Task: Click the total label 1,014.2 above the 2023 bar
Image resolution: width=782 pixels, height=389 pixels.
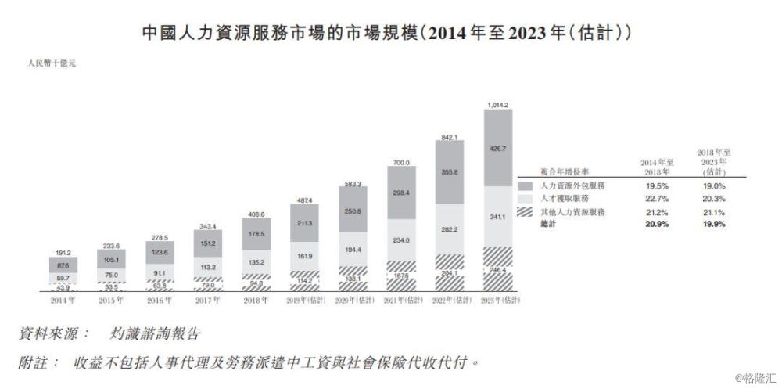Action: tap(497, 104)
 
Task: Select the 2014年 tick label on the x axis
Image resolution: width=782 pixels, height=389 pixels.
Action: tap(63, 300)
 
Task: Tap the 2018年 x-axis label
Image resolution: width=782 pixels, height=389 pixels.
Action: tap(256, 300)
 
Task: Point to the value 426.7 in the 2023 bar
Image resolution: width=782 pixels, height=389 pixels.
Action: tap(497, 148)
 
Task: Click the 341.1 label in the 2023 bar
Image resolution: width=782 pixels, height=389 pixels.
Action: tap(497, 216)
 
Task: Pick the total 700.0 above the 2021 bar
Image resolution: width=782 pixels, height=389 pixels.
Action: tap(401, 161)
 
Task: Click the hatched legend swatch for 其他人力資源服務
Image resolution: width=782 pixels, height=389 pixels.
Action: tap(526, 212)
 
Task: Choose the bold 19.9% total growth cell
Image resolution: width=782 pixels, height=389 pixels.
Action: tap(713, 224)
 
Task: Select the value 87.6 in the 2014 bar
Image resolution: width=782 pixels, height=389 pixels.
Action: tap(63, 266)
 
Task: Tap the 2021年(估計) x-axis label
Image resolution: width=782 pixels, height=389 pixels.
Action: tap(401, 300)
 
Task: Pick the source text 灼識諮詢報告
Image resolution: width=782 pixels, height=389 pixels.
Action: tap(156, 334)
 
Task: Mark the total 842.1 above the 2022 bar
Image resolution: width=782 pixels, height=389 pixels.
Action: tap(449, 135)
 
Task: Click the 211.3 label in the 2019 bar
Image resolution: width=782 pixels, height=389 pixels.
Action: tap(305, 223)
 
